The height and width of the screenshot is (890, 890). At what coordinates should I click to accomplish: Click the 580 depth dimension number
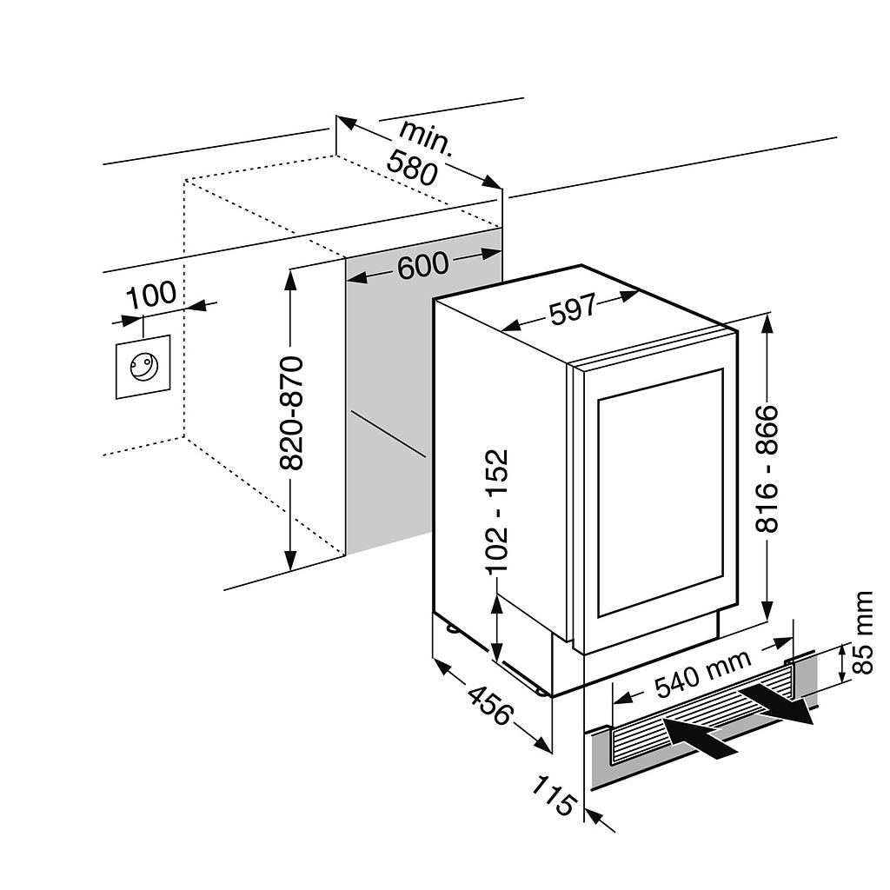click(x=412, y=168)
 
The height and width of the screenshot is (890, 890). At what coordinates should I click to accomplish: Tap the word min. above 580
click(x=426, y=137)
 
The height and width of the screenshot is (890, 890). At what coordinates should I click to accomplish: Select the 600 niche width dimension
click(x=423, y=264)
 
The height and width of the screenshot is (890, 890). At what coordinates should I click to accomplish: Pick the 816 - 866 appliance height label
click(x=767, y=468)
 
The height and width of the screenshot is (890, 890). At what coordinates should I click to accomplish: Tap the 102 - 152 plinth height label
click(x=496, y=511)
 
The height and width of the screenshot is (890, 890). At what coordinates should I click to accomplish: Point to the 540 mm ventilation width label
click(x=701, y=674)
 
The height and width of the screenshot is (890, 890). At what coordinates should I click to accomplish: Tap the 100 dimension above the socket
click(x=151, y=295)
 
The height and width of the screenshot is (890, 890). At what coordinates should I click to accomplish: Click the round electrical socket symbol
click(x=143, y=366)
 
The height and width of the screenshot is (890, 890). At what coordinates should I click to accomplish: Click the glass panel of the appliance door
click(x=661, y=491)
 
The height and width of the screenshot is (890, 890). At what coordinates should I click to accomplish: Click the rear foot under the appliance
click(x=452, y=628)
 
